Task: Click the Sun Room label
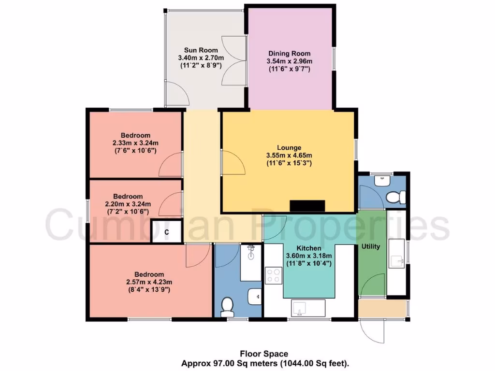tap(201, 50)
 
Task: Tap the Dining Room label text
tap(289, 54)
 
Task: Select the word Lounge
tap(289, 147)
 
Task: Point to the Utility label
tap(370, 246)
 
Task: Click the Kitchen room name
tap(309, 248)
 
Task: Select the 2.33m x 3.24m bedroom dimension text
tap(135, 143)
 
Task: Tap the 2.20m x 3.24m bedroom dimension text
tap(128, 204)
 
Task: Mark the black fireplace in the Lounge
tap(307, 206)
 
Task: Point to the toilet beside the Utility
tap(395, 197)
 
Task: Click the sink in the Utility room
tap(399, 261)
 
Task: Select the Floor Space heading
tap(264, 353)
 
